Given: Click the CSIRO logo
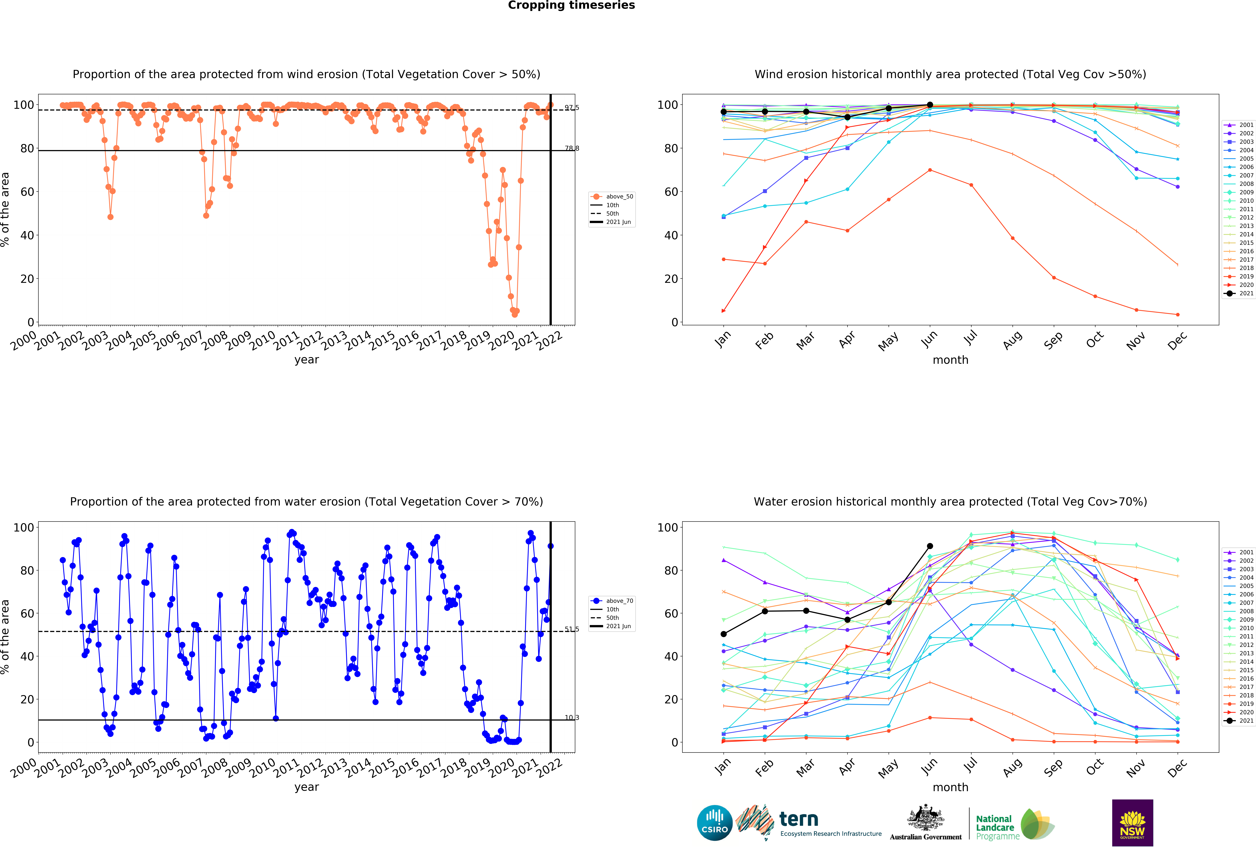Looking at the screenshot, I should [714, 823].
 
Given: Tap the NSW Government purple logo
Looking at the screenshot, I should [1132, 823].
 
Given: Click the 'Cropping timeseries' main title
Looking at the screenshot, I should [571, 5].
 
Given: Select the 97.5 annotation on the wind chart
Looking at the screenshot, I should [572, 108].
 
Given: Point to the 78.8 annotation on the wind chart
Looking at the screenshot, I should [572, 148].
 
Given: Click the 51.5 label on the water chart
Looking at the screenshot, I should [572, 629].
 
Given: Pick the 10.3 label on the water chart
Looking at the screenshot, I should [572, 718].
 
